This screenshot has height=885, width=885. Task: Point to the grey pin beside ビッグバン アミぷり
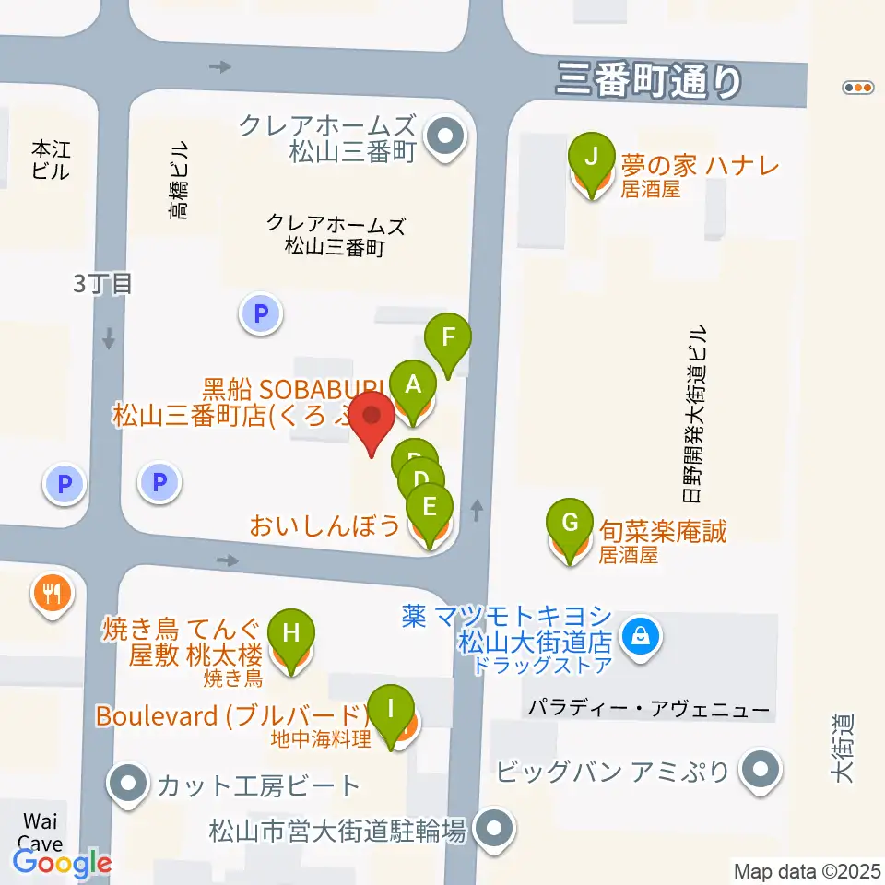pos(761,769)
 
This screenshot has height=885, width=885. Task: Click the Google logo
pos(62,864)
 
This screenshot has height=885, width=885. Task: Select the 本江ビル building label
pos(50,159)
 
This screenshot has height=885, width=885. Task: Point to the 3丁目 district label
pos(103,283)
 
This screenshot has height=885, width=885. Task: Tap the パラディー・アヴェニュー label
pos(649,709)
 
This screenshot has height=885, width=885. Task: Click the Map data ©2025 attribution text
pos(807,870)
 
